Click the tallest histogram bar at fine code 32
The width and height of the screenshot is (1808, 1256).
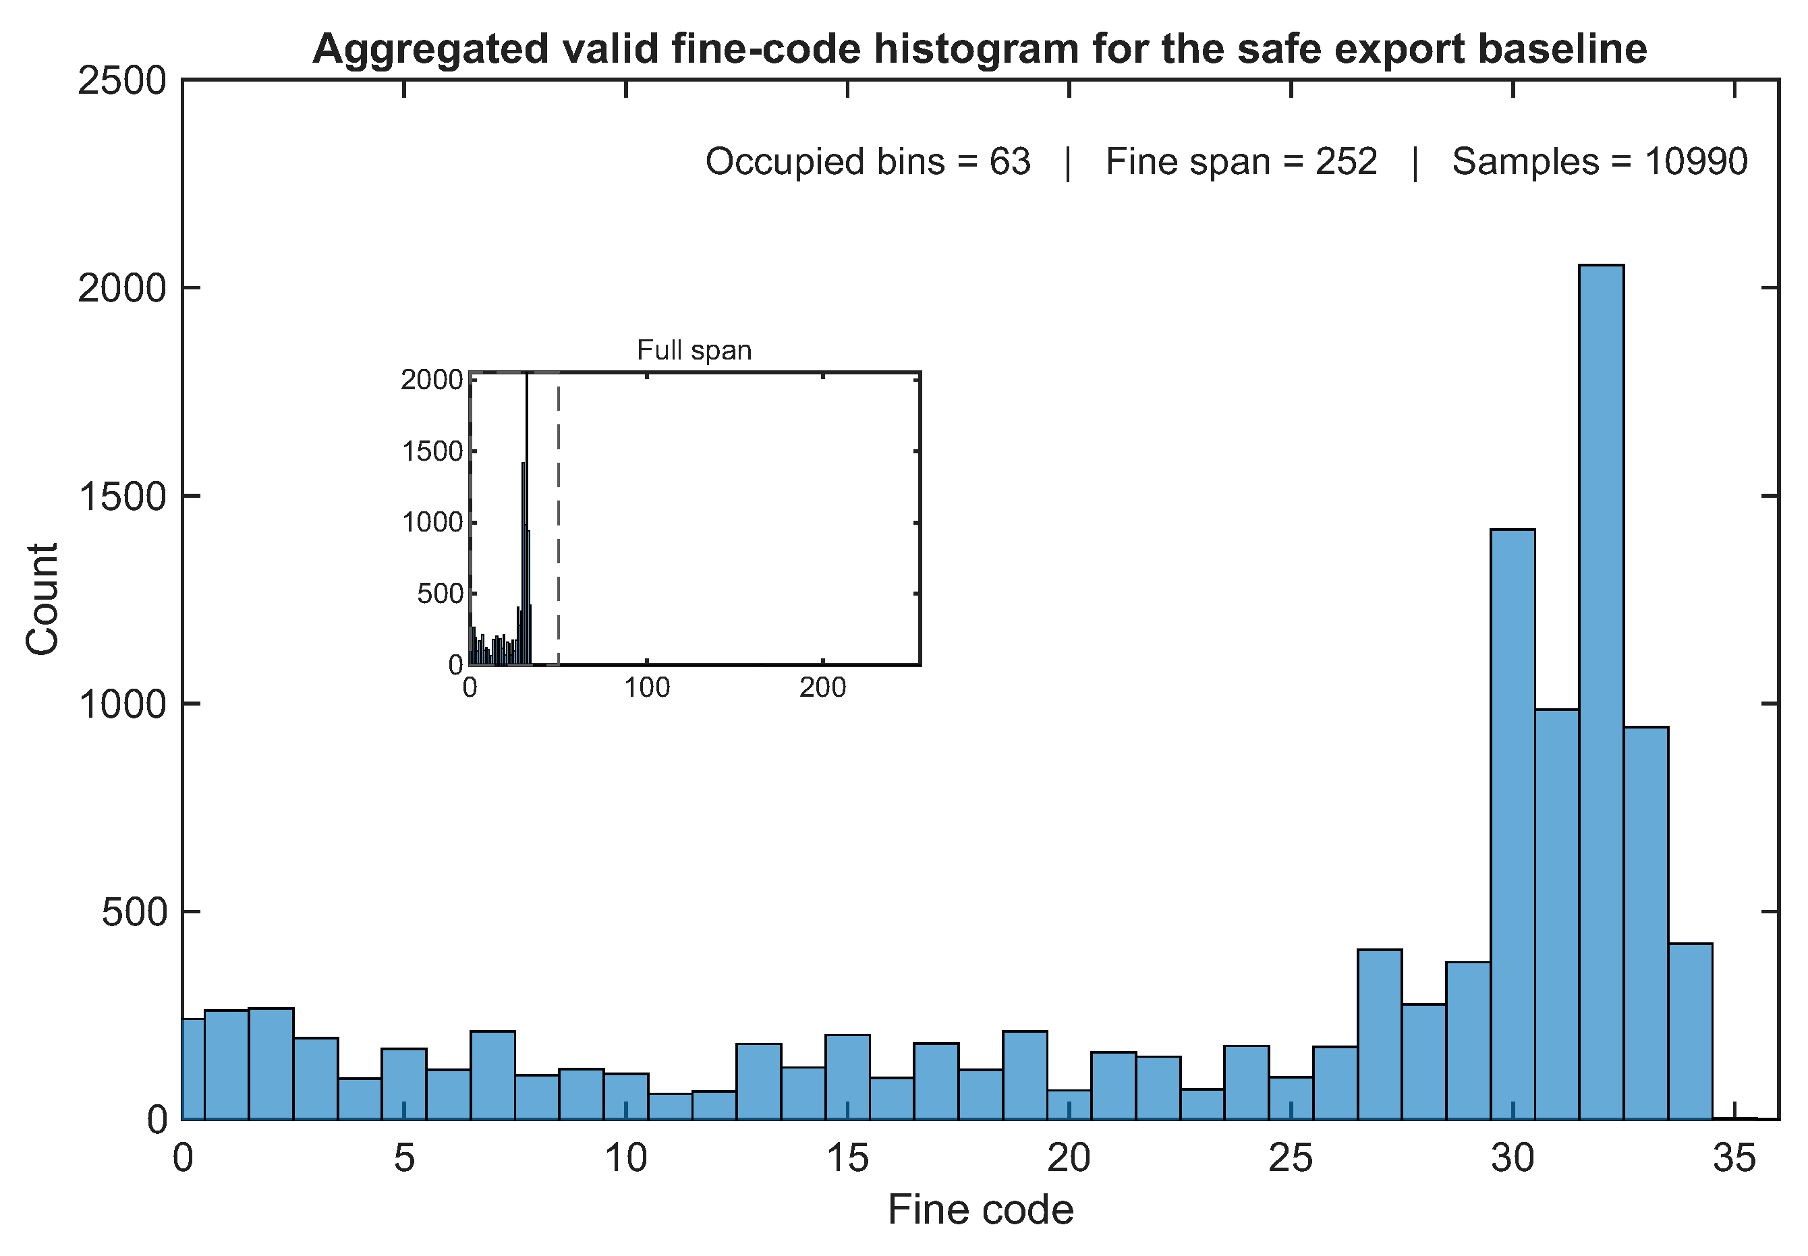pos(1600,692)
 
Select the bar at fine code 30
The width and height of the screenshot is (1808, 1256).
pos(1512,824)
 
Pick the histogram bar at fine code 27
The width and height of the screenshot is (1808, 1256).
pos(1379,1034)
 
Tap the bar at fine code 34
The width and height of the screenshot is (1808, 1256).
pos(1689,1031)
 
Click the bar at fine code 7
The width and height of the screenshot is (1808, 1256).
pos(492,1075)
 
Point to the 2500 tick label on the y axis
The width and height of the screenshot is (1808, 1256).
pos(122,81)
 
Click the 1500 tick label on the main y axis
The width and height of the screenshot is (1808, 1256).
pos(122,496)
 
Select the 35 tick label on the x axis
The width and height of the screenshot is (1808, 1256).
pos(1734,1158)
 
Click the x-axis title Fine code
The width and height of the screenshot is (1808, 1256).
pos(981,1209)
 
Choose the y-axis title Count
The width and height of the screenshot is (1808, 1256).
pos(42,599)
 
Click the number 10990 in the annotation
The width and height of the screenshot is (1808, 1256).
pos(1696,162)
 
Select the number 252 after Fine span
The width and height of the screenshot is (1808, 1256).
pos(1347,162)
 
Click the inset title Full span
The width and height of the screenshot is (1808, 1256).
pos(694,350)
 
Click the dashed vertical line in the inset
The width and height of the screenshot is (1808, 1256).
pos(558,519)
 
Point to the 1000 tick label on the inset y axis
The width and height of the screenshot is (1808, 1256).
pos(433,523)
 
